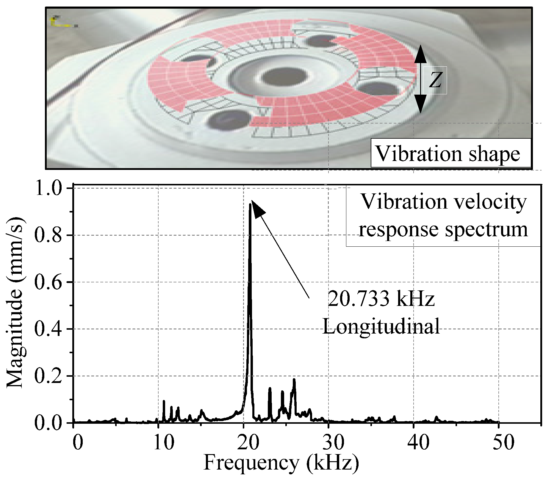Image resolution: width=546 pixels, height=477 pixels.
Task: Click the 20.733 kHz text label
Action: [x=381, y=299]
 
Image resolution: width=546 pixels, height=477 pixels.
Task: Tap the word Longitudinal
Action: [x=381, y=327]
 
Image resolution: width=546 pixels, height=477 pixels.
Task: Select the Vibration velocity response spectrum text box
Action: [x=443, y=216]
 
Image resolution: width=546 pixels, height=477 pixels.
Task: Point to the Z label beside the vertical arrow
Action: [x=435, y=80]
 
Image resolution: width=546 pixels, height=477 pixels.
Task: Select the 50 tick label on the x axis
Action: [x=498, y=442]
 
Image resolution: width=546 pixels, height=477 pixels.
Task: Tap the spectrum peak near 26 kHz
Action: [x=294, y=380]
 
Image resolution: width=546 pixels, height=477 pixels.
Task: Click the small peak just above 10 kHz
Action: [x=164, y=402]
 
